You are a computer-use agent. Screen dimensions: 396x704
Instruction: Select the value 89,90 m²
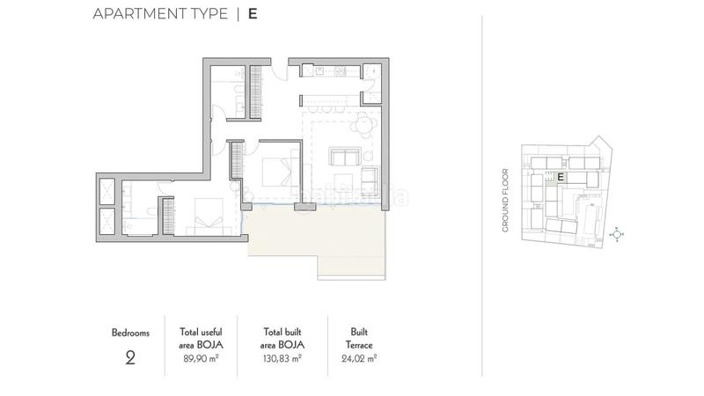coord(200,358)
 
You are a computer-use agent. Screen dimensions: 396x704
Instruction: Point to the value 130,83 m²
coord(283,358)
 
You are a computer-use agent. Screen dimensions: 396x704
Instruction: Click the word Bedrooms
coord(130,333)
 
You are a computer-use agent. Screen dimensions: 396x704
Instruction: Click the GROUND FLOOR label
coord(506,200)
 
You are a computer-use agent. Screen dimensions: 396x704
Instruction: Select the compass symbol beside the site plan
coord(618,234)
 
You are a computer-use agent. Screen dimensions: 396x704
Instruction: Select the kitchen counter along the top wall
coord(335,70)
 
